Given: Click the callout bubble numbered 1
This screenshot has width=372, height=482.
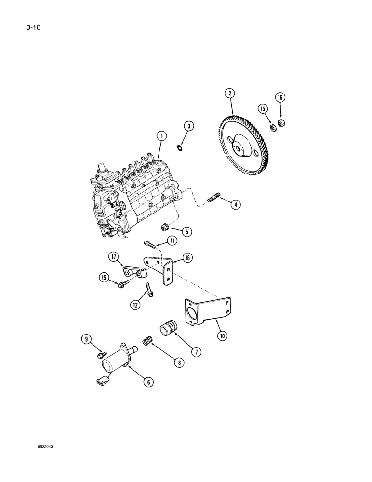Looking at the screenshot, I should pos(162,137).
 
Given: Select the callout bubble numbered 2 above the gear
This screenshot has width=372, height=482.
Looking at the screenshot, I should pos(231,93).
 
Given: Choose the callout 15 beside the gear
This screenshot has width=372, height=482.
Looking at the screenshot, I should pos(262,109).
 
